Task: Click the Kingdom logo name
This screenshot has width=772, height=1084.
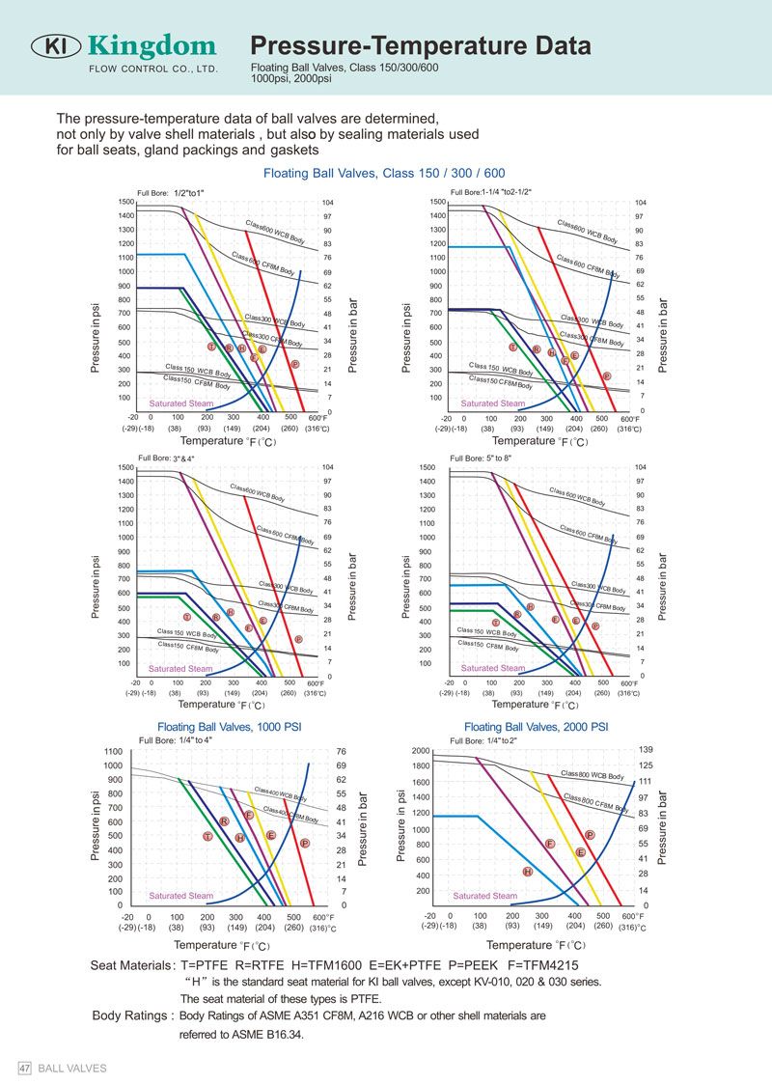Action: click(x=152, y=45)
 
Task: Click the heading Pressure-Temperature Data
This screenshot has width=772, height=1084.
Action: click(x=421, y=46)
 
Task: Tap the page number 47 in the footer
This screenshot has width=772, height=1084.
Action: click(x=26, y=1069)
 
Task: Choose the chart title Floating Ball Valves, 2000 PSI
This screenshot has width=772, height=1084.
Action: click(x=536, y=727)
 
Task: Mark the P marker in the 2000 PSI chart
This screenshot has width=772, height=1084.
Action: click(x=590, y=835)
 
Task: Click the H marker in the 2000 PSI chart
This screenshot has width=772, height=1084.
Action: click(x=528, y=872)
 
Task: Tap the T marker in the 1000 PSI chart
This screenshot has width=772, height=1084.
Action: click(x=207, y=836)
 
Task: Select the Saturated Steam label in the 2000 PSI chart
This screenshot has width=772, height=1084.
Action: click(x=485, y=896)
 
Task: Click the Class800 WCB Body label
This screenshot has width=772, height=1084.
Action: click(x=592, y=775)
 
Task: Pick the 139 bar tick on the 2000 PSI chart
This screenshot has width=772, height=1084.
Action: click(x=646, y=750)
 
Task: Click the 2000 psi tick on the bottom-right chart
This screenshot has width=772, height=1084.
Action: click(x=421, y=751)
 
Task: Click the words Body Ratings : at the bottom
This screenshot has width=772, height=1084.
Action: click(x=133, y=1015)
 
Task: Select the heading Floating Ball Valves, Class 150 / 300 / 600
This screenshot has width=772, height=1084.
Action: click(x=384, y=174)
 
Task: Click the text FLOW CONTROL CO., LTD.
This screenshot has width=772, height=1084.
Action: click(x=153, y=69)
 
